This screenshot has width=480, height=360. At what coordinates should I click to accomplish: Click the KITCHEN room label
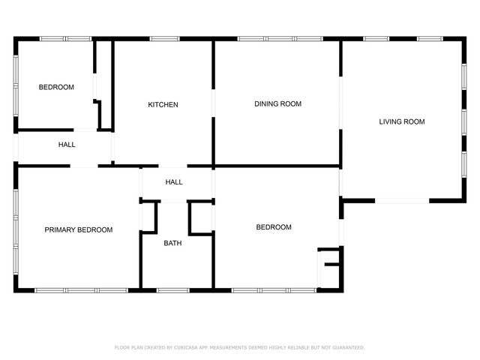[x=163, y=104]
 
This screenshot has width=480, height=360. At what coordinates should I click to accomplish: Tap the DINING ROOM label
[x=277, y=103]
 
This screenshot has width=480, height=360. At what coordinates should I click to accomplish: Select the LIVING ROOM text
[x=401, y=121]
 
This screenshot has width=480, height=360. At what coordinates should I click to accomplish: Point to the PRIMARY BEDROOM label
[x=79, y=229]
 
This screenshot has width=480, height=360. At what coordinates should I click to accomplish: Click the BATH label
[x=172, y=242]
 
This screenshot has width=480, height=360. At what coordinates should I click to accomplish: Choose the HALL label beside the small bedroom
[x=67, y=144]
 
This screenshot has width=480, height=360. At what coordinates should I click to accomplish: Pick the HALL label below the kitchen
[x=174, y=181]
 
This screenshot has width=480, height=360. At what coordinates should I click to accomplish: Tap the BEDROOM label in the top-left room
[x=56, y=87]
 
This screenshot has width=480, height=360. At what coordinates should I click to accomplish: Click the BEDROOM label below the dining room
[x=274, y=227]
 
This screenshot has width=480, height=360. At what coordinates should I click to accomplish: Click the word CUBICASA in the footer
[x=185, y=347]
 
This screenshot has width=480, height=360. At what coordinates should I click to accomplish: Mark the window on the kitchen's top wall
[x=164, y=38]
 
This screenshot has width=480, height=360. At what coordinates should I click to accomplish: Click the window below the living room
[x=401, y=200]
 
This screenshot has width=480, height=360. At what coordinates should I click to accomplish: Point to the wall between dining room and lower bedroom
[x=277, y=166]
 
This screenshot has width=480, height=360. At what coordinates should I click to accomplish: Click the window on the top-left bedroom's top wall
[x=56, y=38]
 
